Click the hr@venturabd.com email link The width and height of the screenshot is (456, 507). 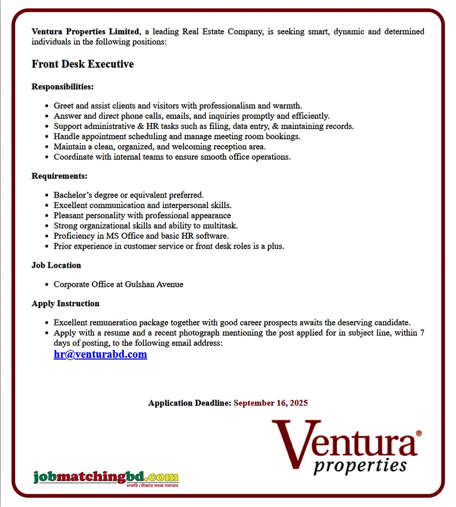coord(100,354)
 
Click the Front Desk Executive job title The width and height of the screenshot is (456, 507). coord(83,64)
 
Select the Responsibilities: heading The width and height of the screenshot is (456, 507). coord(62,87)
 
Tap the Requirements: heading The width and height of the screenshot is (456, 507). coord(59,176)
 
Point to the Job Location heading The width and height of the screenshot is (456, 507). coord(56,265)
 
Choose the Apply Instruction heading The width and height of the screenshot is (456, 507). coord(65,304)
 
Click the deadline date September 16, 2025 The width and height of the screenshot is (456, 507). coord(270,403)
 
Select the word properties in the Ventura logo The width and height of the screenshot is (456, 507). coord(360,466)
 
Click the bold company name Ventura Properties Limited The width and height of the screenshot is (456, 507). coord(85,31)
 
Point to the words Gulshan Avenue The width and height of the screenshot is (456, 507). coord(154,284)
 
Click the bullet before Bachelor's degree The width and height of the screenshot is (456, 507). coord(47,195)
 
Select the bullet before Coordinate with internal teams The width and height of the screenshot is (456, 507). coord(47,157)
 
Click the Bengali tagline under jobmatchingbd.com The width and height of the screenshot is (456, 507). coord(152,486)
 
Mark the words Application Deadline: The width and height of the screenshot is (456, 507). coord(190,403)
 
